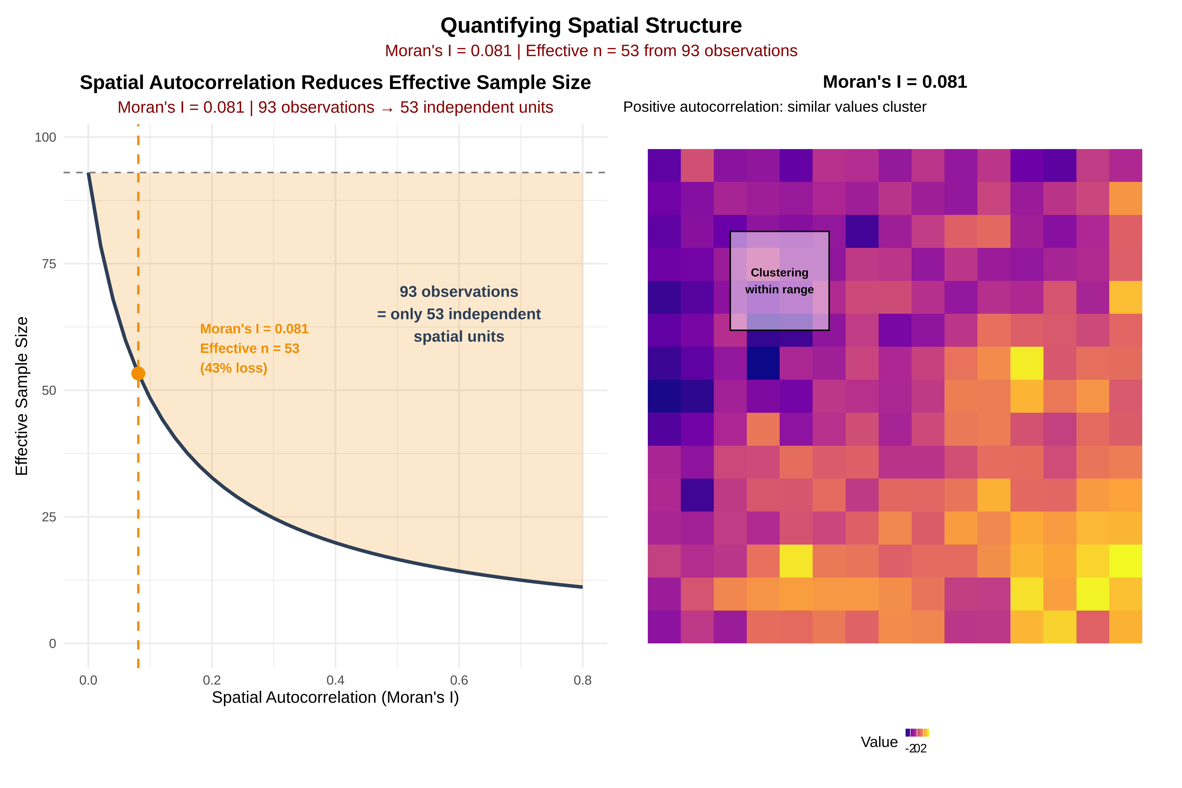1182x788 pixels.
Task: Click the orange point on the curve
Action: point(138,373)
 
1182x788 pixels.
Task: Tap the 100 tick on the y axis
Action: point(45,137)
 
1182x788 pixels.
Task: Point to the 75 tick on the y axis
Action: point(49,264)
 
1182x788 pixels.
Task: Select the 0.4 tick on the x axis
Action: point(335,680)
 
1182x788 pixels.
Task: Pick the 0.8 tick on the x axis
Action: point(582,680)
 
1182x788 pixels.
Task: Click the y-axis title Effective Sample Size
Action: point(22,396)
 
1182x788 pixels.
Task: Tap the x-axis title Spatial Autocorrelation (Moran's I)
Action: point(335,698)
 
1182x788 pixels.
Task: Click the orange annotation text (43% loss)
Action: point(234,368)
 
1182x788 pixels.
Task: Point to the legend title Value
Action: point(879,742)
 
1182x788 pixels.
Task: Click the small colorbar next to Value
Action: point(917,733)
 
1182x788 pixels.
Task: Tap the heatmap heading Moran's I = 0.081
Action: point(895,82)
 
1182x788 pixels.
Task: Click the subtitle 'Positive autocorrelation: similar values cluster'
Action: point(774,107)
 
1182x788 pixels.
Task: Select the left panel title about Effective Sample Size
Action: point(335,82)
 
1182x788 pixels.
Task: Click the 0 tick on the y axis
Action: point(52,644)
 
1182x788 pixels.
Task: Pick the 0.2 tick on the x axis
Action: point(212,680)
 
